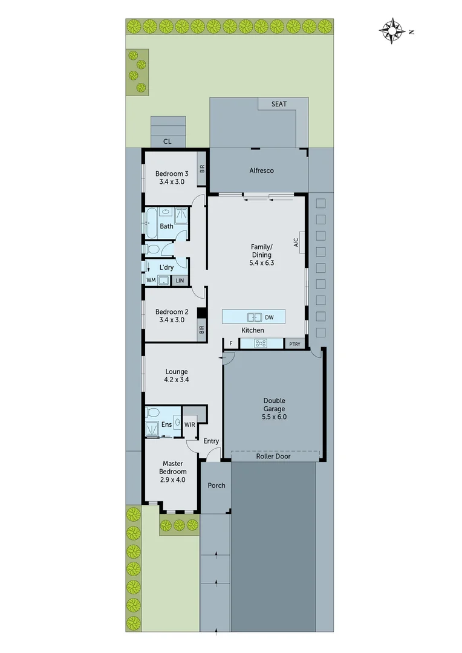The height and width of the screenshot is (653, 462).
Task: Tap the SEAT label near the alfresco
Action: tap(279, 104)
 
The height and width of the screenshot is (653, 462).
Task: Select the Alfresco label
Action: tap(261, 171)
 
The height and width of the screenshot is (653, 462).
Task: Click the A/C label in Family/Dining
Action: tap(296, 242)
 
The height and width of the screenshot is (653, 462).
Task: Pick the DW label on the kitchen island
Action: tap(269, 317)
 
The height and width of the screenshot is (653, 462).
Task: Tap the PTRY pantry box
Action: tap(294, 344)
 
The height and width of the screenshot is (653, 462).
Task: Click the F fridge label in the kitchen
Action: tap(230, 344)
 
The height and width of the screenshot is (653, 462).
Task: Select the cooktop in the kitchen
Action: tap(261, 343)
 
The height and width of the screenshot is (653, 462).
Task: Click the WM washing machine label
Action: tap(151, 280)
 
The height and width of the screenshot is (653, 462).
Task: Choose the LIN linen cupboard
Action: tap(180, 280)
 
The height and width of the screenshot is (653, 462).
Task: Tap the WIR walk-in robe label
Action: tap(189, 424)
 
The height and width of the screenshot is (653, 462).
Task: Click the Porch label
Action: tap(216, 486)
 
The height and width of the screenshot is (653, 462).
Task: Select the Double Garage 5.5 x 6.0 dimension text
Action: tap(274, 417)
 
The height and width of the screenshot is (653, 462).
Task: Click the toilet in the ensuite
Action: tap(152, 413)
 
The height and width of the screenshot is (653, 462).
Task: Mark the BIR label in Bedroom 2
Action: tap(201, 330)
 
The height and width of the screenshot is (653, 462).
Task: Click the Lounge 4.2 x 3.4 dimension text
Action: tap(176, 380)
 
